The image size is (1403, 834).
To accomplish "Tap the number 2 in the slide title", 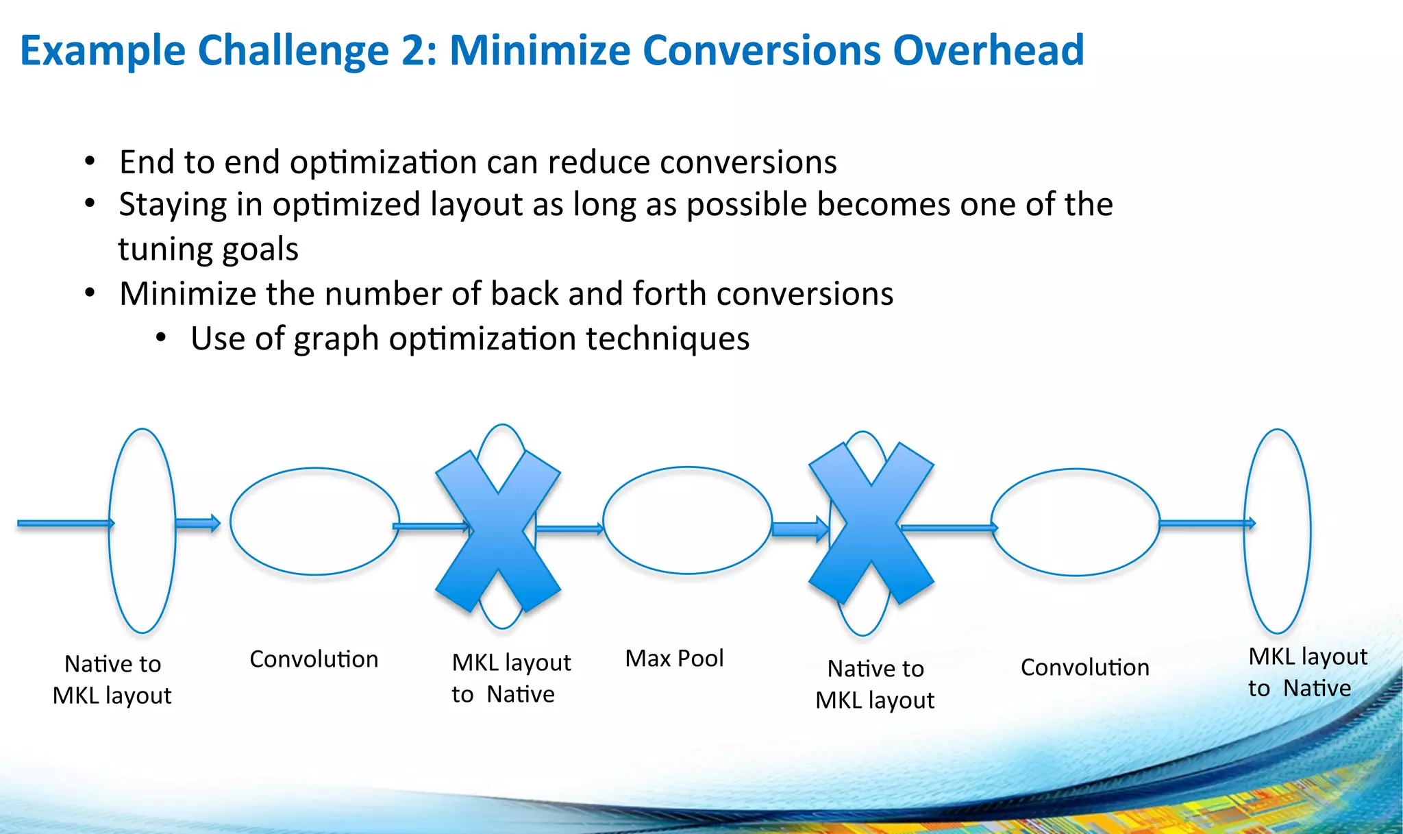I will click(413, 51).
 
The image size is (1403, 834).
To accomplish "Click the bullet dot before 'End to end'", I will click(90, 162).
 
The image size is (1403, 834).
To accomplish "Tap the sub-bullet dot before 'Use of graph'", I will click(161, 338).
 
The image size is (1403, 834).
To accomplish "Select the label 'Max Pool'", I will click(674, 659).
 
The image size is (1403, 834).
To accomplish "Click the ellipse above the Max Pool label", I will click(687, 521).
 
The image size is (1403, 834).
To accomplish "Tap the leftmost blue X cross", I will click(499, 531).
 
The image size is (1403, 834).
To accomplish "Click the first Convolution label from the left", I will click(314, 659).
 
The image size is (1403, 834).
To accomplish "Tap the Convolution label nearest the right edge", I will click(1084, 667).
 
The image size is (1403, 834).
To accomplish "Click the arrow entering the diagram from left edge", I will click(65, 524).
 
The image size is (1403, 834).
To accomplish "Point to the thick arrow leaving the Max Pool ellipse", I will click(799, 529).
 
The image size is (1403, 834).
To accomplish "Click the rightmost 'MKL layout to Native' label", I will click(1306, 672).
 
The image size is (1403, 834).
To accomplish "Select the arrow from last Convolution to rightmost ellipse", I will click(1206, 524).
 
